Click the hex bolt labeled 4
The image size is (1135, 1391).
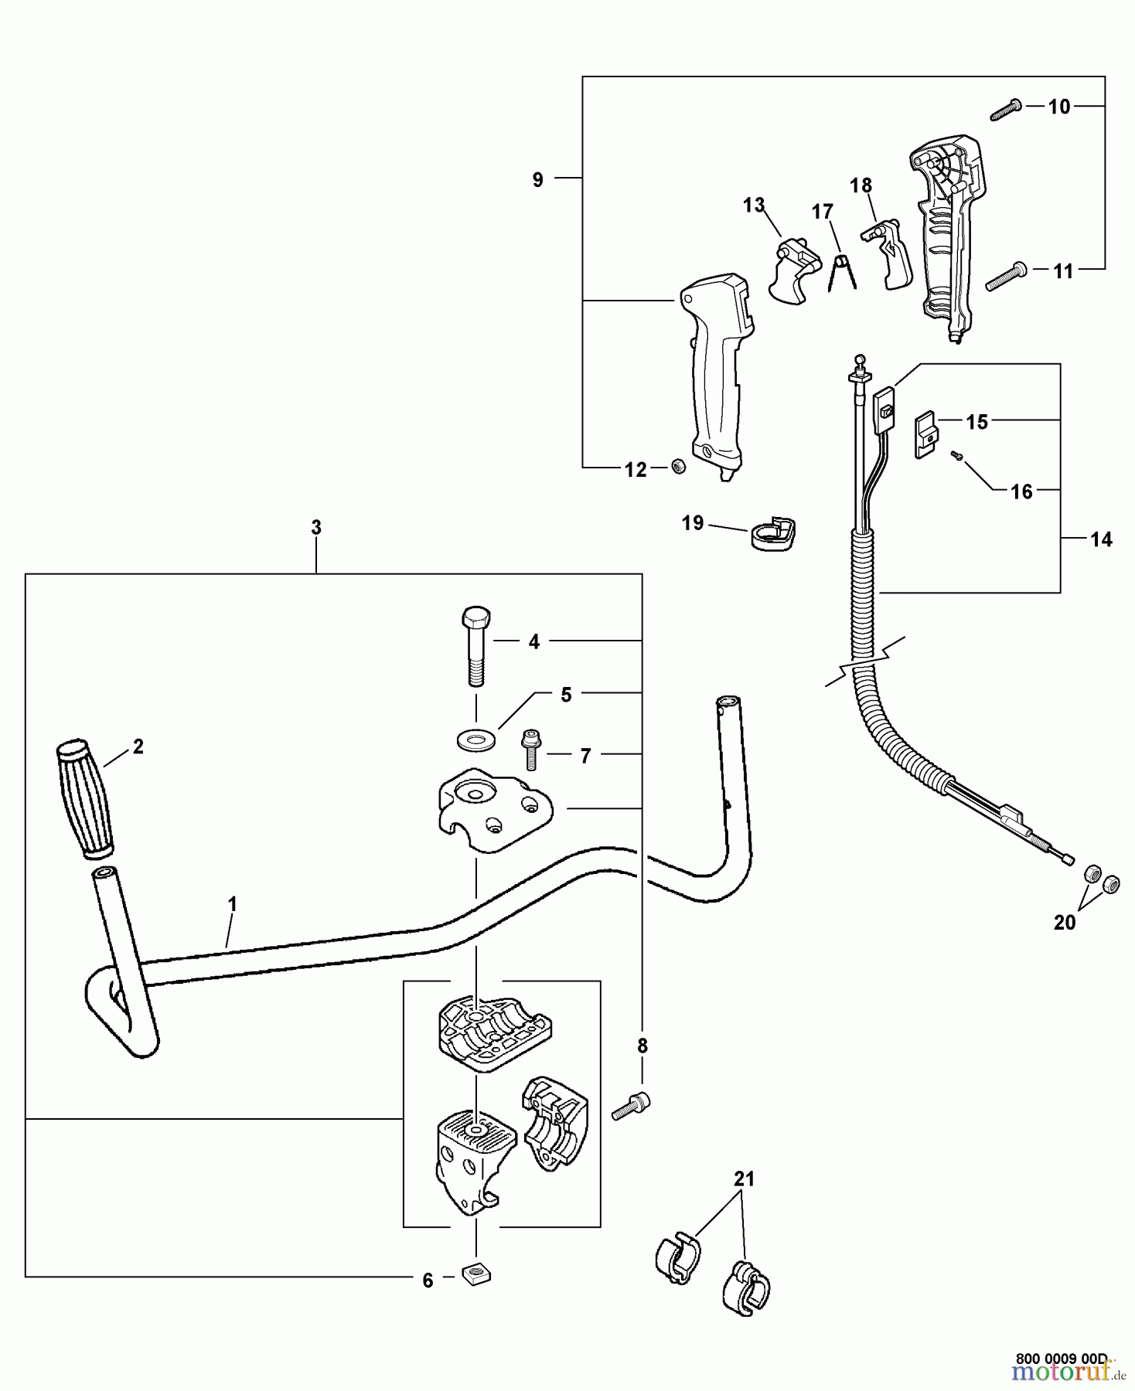click(x=475, y=645)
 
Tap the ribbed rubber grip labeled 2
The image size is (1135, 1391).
click(x=85, y=800)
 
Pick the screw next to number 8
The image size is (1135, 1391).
click(x=632, y=1107)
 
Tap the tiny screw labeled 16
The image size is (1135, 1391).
click(x=956, y=457)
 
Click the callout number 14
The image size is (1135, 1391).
click(x=1101, y=539)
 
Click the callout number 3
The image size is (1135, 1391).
click(x=316, y=528)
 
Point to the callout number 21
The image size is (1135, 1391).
click(x=744, y=1179)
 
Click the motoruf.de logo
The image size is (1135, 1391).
click(x=1066, y=1371)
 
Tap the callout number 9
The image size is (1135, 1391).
click(x=538, y=179)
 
